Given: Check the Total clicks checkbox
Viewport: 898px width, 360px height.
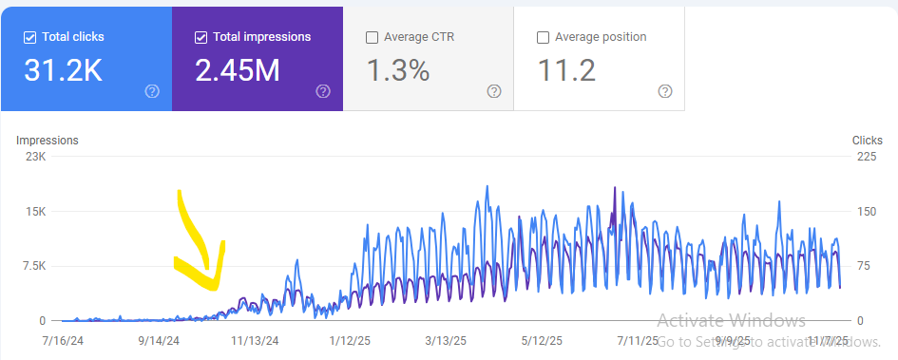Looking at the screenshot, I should pos(29,37).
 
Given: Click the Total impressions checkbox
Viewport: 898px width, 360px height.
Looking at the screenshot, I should pos(201,37).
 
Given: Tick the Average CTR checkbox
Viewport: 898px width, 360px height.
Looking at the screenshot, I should pos(372,37).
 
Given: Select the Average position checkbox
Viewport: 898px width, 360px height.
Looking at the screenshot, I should pos(543,37).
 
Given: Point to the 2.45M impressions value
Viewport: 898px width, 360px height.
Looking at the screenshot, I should pos(238,69).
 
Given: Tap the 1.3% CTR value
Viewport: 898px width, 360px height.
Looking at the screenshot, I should pos(398,69).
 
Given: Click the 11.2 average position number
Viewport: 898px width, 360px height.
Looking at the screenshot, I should pos(567,69).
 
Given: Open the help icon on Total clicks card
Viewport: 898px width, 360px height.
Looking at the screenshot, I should pos(152,91).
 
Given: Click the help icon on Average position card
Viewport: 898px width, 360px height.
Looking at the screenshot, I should pos(665,91).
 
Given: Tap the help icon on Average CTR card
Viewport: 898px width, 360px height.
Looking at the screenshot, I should pos(494,91).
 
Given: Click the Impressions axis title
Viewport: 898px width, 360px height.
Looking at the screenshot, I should pos(48,141).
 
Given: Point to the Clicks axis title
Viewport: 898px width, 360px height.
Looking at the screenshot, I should pos(867,141).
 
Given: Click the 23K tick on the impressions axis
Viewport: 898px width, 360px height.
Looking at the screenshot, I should pos(35,157).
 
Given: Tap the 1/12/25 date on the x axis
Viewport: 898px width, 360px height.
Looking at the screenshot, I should pos(349,339).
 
